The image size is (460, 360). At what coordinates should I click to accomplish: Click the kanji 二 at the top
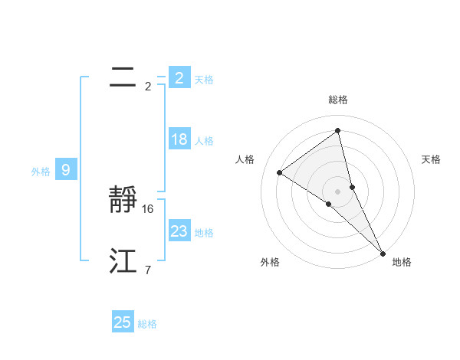tap(123, 77)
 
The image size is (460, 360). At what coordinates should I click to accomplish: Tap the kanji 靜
tap(124, 201)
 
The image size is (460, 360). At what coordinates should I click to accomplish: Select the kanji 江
tap(123, 262)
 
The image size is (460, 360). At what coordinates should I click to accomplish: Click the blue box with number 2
tap(179, 77)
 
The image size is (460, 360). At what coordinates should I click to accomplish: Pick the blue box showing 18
tap(179, 139)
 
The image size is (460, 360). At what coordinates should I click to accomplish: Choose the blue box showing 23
tap(179, 231)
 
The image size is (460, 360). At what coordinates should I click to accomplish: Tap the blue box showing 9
tap(66, 170)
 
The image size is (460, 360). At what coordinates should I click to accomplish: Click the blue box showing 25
tap(123, 322)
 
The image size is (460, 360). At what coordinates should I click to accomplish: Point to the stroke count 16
tap(148, 208)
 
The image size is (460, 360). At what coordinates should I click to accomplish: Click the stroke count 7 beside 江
tap(147, 270)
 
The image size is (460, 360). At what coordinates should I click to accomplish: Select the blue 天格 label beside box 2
tap(204, 80)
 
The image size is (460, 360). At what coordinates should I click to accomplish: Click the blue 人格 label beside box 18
tap(204, 141)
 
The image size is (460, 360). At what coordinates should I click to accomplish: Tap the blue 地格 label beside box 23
tap(204, 233)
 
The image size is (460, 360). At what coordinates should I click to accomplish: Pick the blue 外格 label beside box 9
tap(41, 172)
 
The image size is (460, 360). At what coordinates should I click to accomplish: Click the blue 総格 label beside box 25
tap(147, 325)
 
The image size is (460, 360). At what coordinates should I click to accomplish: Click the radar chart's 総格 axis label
tap(337, 100)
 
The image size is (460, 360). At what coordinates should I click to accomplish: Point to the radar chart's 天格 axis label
tap(431, 159)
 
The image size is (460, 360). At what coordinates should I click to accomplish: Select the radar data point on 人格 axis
tap(279, 172)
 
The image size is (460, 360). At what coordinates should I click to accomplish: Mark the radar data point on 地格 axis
tap(383, 252)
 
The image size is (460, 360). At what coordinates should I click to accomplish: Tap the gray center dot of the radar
tap(337, 191)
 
